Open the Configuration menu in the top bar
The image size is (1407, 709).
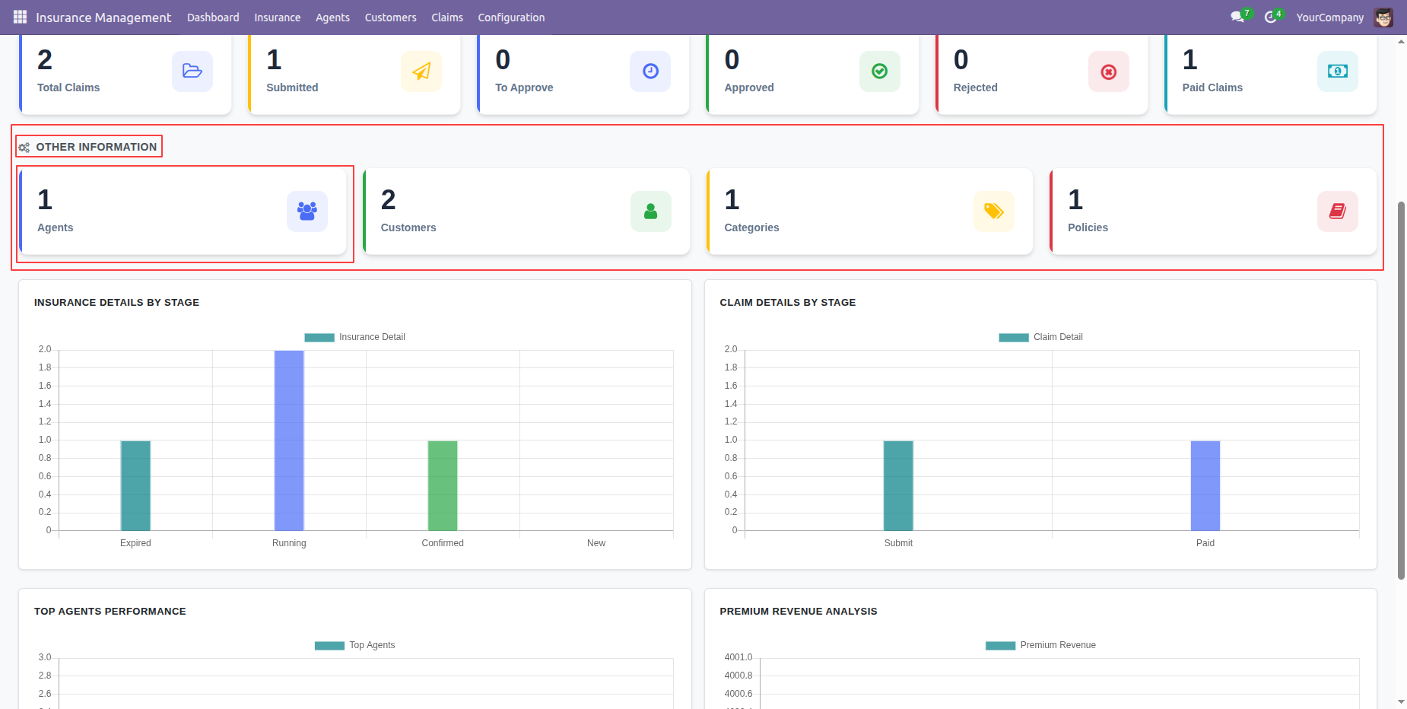coord(511,17)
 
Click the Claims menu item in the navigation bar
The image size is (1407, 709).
coord(447,17)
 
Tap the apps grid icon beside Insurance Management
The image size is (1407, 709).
coord(20,17)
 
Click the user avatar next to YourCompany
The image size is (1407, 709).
coord(1383,17)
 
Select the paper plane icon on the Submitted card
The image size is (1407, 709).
coord(421,72)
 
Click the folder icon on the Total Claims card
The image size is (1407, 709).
coord(192,72)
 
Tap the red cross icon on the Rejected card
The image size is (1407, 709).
coord(1109,72)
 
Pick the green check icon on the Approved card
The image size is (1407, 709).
coord(880,72)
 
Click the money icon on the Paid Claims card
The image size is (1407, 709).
coord(1338,72)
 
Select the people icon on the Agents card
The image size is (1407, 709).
coord(307,211)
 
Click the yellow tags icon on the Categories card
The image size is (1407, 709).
coord(994,211)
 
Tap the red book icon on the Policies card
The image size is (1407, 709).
coord(1338,211)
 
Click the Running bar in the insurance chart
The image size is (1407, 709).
coord(289,440)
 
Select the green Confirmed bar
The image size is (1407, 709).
coord(443,485)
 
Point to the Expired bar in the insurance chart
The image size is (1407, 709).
coord(135,485)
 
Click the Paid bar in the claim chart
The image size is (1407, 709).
coord(1205,485)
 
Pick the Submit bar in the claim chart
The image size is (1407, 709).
coord(898,485)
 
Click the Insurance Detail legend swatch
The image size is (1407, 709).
coord(319,338)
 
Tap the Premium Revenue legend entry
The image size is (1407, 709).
coord(1040,645)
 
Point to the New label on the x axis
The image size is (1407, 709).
coord(596,543)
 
